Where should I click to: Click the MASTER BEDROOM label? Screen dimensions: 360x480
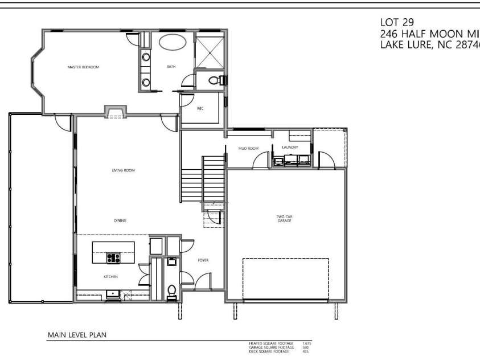(x=83, y=67)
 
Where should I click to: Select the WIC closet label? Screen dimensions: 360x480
(x=200, y=108)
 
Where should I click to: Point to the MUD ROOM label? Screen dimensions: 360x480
(x=248, y=149)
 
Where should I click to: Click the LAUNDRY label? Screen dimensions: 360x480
(x=290, y=148)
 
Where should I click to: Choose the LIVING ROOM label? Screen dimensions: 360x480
(x=123, y=170)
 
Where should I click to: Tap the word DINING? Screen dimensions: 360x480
(x=120, y=220)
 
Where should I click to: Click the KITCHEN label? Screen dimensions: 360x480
(x=110, y=277)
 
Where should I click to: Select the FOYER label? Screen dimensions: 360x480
(x=203, y=260)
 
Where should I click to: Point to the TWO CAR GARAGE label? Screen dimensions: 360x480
(x=284, y=218)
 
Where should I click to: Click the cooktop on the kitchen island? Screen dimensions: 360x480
(x=113, y=257)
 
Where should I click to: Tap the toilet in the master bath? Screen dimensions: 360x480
(x=215, y=80)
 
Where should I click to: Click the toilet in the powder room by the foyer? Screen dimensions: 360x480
(x=171, y=289)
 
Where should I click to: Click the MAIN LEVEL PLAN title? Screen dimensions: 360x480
(x=77, y=336)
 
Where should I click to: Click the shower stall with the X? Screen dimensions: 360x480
(x=209, y=51)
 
